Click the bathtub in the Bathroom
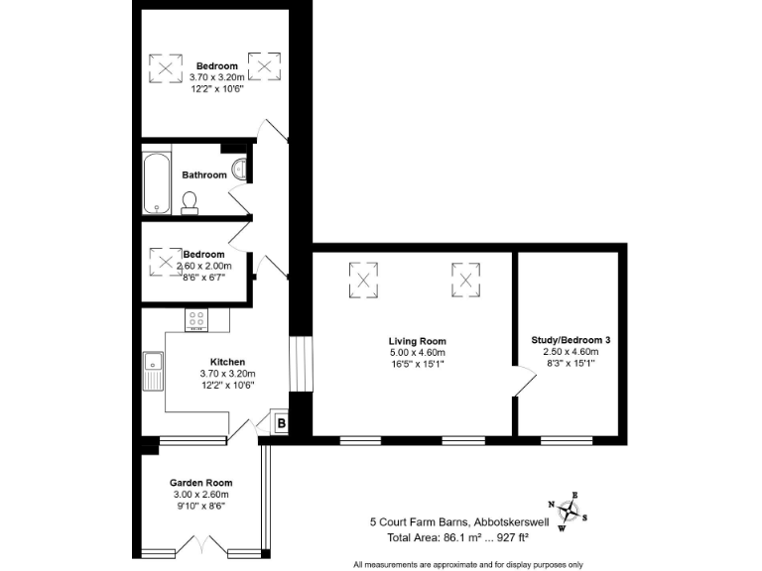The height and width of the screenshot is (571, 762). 157,182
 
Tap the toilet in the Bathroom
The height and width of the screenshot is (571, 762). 190,202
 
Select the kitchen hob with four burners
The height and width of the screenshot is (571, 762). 196,319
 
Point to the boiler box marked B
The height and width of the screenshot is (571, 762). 281,424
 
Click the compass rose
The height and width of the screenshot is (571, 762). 569,511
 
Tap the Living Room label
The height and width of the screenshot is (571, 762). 417,341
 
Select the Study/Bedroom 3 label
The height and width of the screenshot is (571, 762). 571,340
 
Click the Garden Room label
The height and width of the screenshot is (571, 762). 199,483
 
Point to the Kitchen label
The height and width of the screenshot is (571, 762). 227,362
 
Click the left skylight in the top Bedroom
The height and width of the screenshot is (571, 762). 165,67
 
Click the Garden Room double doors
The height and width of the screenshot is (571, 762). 201,546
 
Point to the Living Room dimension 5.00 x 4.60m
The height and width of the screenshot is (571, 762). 417,353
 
